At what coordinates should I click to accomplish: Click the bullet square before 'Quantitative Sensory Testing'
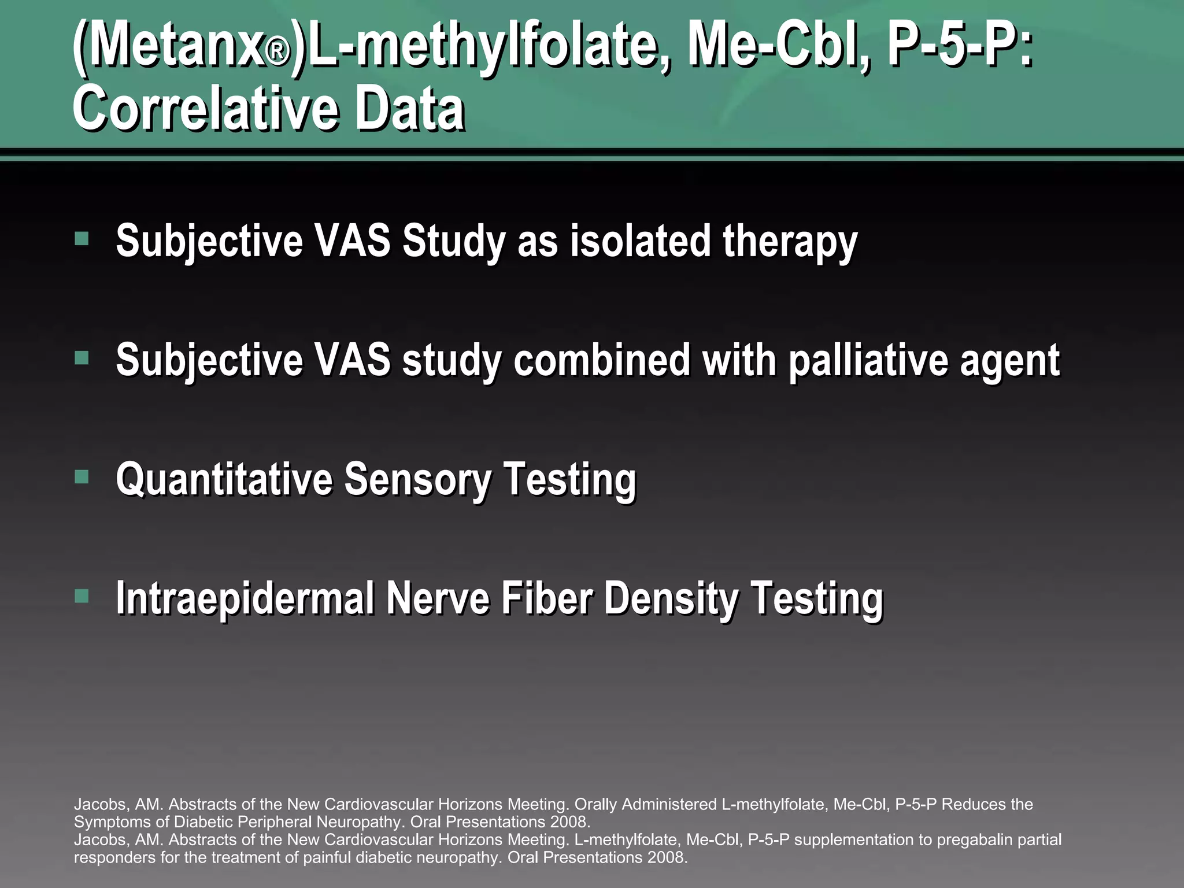point(82,477)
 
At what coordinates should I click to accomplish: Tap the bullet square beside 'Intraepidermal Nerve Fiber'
point(82,596)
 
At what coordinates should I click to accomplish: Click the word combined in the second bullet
point(601,360)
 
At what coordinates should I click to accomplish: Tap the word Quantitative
point(224,479)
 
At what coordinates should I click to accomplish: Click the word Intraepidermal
point(245,598)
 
